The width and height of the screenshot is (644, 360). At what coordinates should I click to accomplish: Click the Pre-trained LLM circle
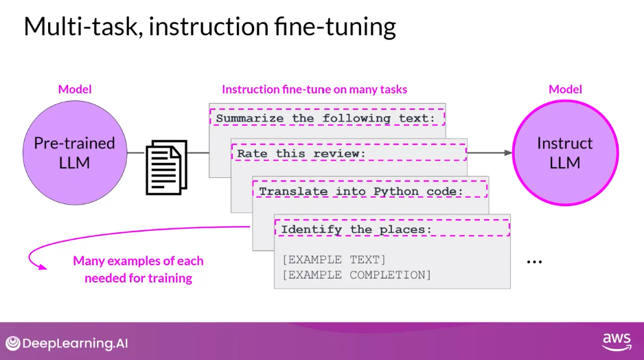tap(74, 153)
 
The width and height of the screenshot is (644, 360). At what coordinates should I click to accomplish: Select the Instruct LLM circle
tap(564, 153)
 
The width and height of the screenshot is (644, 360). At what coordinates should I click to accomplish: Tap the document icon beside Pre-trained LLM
tap(166, 167)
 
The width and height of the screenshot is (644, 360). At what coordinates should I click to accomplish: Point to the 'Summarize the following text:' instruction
tap(326, 118)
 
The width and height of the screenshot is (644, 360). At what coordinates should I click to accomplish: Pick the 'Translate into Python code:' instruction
tap(361, 191)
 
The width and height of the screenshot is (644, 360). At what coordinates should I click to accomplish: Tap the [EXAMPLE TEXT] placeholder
tap(334, 260)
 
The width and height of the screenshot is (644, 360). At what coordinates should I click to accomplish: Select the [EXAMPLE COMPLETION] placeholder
tap(356, 275)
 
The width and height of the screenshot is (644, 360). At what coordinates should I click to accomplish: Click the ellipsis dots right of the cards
tap(534, 262)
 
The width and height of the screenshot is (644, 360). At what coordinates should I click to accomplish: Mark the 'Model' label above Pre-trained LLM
tap(75, 89)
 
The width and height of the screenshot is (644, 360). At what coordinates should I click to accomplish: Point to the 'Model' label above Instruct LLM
tap(565, 89)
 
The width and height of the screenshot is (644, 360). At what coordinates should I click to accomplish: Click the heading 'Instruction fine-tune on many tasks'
tap(314, 89)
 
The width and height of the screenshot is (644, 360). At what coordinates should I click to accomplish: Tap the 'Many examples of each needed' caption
tap(138, 269)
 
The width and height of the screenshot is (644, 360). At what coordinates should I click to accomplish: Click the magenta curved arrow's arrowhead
tap(43, 267)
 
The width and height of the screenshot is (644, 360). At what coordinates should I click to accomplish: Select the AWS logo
tap(616, 341)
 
